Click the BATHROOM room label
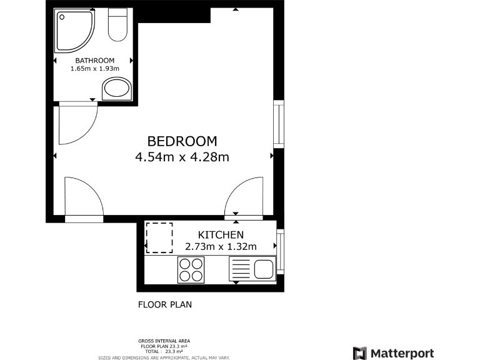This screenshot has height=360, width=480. coord(94,60)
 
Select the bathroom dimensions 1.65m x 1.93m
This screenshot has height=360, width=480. coord(94,69)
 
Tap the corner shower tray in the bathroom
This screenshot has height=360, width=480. coord(74,31)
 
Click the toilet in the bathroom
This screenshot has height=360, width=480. coord(117,25)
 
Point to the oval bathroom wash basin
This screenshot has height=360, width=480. coord(117,89)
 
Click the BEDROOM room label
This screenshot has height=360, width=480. coord(182,141)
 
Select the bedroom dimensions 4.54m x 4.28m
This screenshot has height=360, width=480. coord(182,157)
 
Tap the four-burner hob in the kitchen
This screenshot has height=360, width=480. coord(191,270)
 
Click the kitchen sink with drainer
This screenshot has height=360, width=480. coord(252,270)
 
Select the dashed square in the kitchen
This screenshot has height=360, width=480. coord(159,237)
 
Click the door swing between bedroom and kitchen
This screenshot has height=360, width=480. coord(244,197)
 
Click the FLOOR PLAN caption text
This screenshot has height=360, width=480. coord(164,305)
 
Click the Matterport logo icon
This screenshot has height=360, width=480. coord(360,353)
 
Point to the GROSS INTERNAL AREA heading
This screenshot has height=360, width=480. coord(164,341)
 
